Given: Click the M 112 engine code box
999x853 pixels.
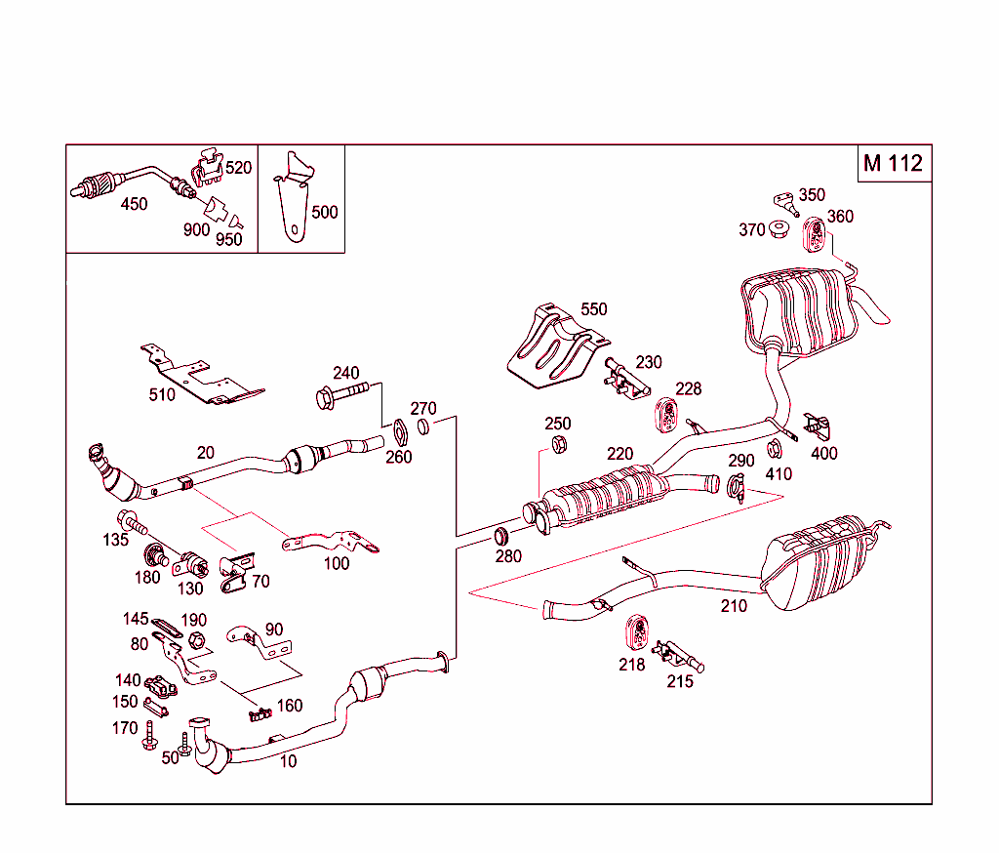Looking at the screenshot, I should point(892,163).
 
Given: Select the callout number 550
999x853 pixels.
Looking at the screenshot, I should point(593,309).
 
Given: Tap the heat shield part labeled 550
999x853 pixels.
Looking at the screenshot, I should point(552,349).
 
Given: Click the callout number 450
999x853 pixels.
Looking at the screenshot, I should point(134,204).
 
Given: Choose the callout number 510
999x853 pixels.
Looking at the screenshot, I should point(162,394).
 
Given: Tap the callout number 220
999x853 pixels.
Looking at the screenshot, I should point(619,454).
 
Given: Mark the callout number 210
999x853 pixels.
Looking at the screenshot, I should point(734,606).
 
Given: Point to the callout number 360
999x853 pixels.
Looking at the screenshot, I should point(840,217).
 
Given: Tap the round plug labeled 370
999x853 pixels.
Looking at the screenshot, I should point(779,230).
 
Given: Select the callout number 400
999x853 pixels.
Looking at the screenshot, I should point(824,452).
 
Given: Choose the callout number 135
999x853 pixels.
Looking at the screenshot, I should point(116,540).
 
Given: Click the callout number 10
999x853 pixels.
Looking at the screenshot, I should point(288,761).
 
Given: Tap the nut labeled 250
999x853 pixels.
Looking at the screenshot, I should point(560,445).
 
